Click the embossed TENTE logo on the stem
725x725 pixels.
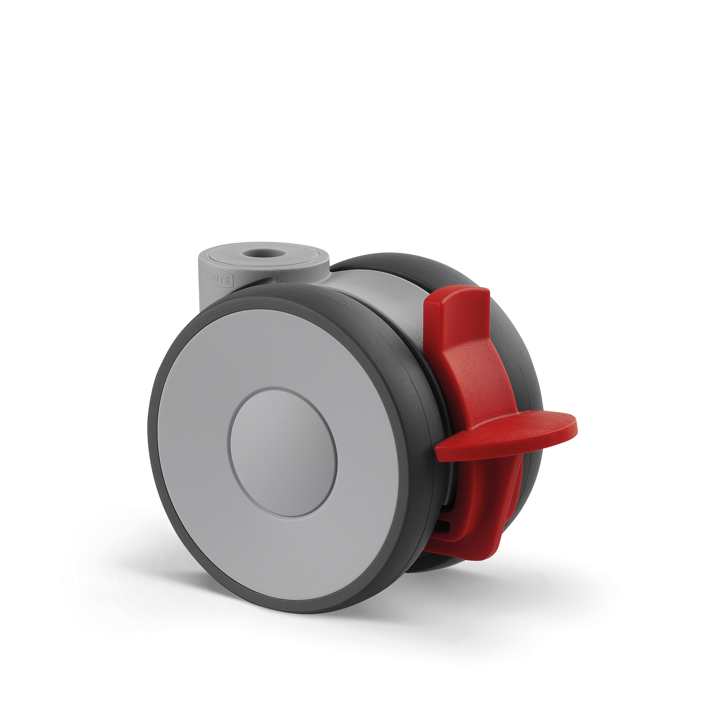pos(218,279)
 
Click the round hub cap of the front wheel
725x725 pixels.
pos(283,453)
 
